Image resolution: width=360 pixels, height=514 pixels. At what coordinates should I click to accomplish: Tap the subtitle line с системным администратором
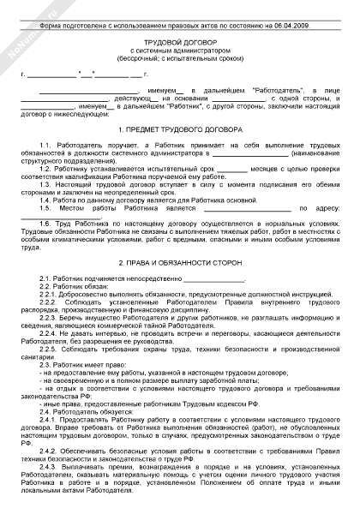[180, 59]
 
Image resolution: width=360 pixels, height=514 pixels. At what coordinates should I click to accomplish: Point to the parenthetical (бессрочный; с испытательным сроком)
[180, 66]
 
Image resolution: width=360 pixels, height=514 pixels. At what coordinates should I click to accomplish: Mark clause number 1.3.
[46, 183]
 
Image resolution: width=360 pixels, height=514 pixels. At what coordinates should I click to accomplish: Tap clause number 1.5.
[46, 206]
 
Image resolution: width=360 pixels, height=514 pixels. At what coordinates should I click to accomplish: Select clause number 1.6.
[46, 223]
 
